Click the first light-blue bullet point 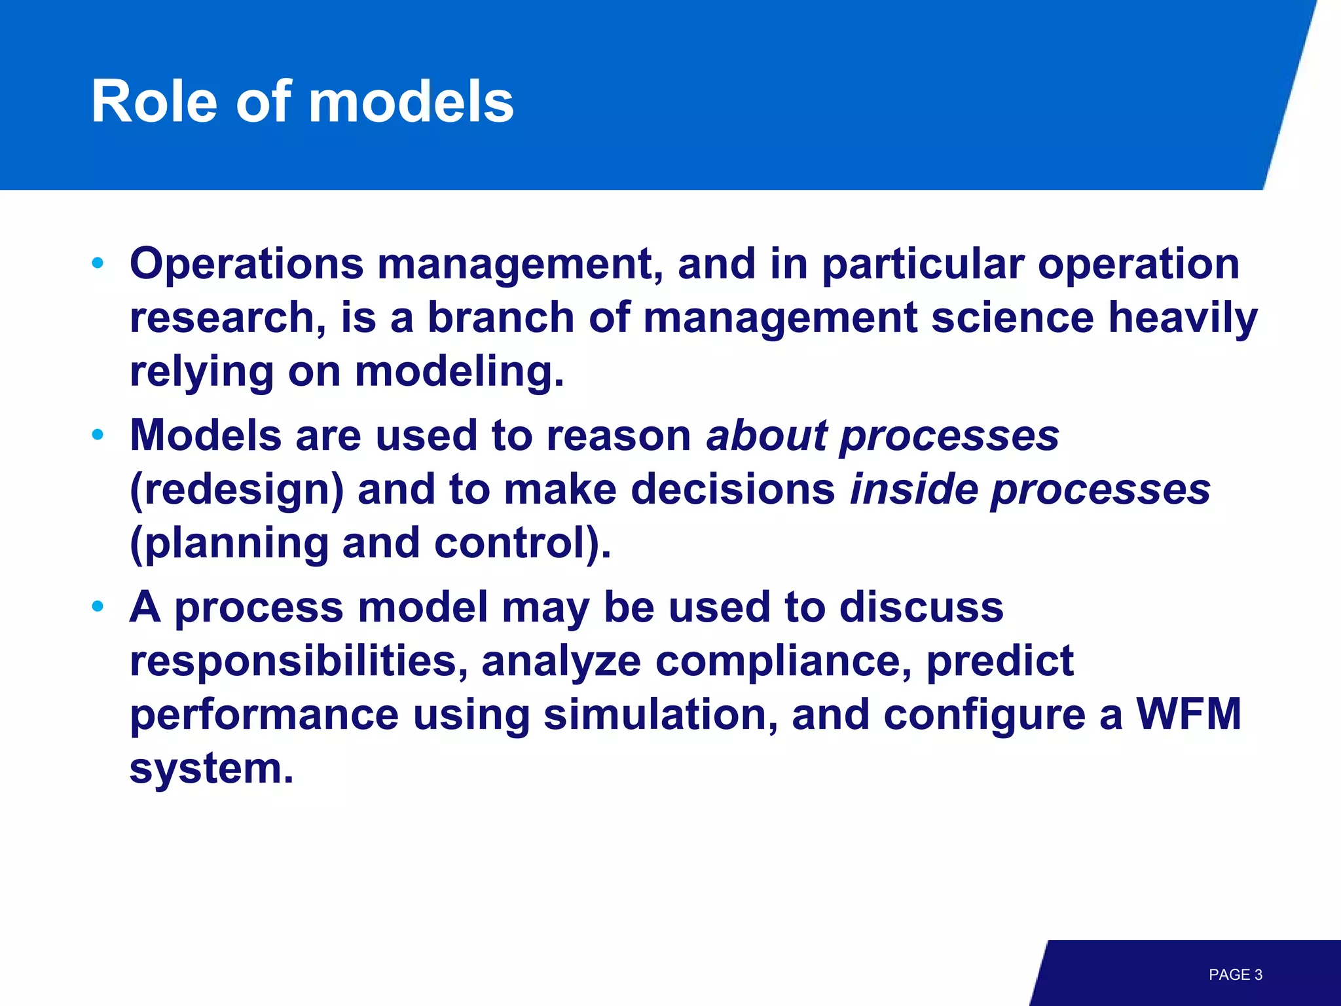coord(98,263)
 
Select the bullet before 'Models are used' coord(98,435)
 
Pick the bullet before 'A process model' coord(98,606)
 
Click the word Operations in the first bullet coord(246,263)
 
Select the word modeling coord(458,372)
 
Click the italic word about coord(765,435)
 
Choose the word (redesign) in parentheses coord(236,490)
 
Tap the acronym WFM coord(1188,714)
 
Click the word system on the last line coord(211,769)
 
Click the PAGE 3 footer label coord(1235,975)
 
